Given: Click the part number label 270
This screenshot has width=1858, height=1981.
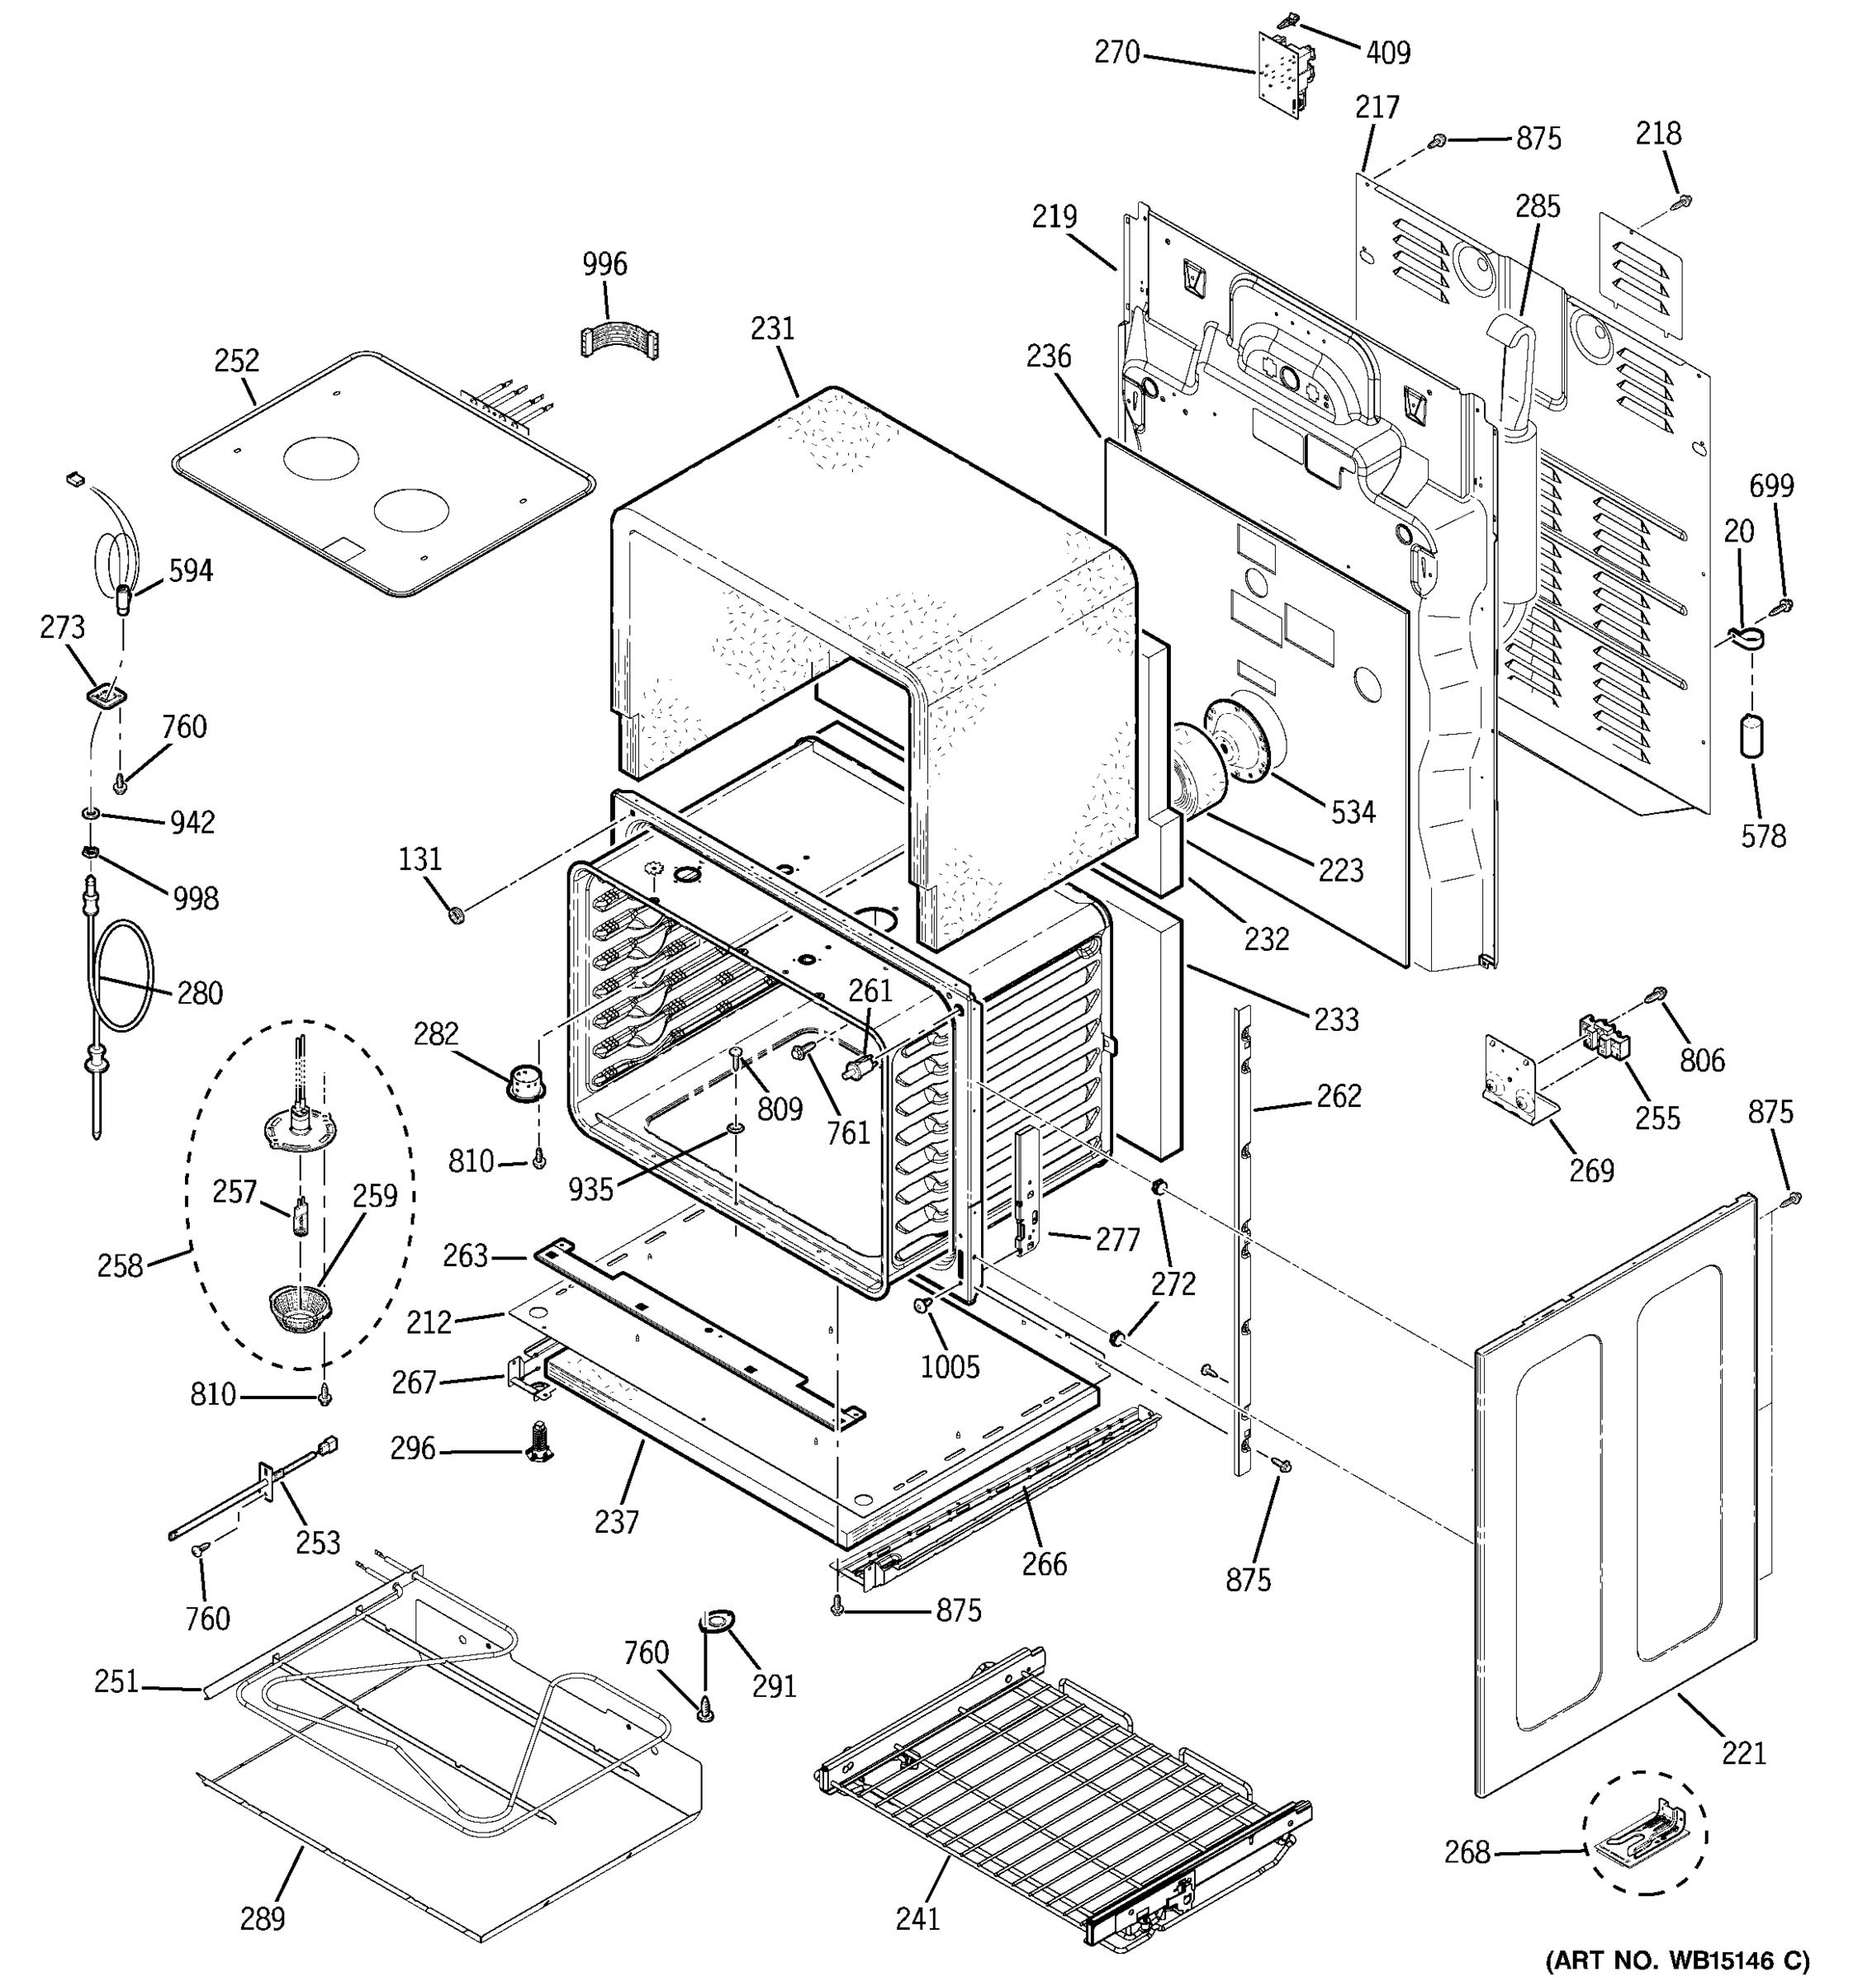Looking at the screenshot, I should (1116, 52).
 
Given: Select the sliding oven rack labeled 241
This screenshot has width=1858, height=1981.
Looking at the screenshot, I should (1057, 1794).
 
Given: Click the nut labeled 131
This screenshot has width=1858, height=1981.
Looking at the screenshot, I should (457, 913).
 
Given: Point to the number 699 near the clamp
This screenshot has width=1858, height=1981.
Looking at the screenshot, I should (1771, 486).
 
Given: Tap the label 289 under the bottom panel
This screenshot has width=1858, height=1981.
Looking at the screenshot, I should (262, 1918).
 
